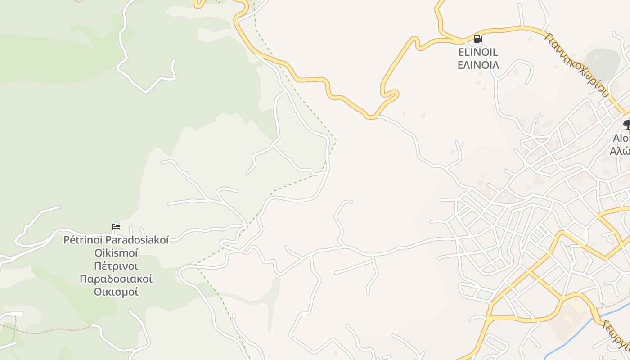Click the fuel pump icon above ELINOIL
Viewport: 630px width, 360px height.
tap(478, 39)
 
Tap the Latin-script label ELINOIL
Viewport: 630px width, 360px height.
tap(478, 53)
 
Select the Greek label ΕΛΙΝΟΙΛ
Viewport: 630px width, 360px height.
tap(478, 65)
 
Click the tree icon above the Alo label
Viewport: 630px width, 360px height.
tap(627, 123)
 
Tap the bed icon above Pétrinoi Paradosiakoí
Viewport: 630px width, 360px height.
tap(116, 226)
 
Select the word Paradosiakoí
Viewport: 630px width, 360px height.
tap(137, 240)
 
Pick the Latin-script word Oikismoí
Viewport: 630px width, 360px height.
tap(116, 252)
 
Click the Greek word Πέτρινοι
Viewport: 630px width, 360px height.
tap(116, 265)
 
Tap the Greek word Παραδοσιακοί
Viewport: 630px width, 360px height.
tap(116, 279)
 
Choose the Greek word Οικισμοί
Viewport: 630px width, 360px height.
tap(116, 292)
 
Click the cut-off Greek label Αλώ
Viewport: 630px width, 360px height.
tap(620, 151)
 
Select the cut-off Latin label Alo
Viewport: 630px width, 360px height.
tap(621, 138)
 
